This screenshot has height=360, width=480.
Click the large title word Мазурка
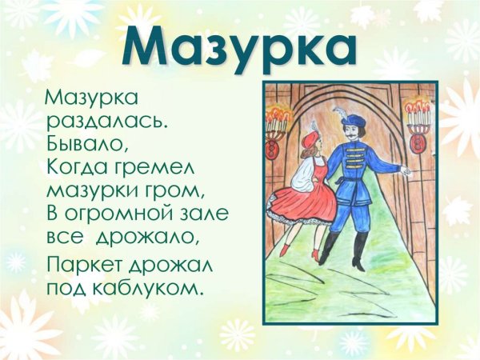click(x=240, y=46)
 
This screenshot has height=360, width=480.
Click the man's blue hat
click(x=354, y=119)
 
